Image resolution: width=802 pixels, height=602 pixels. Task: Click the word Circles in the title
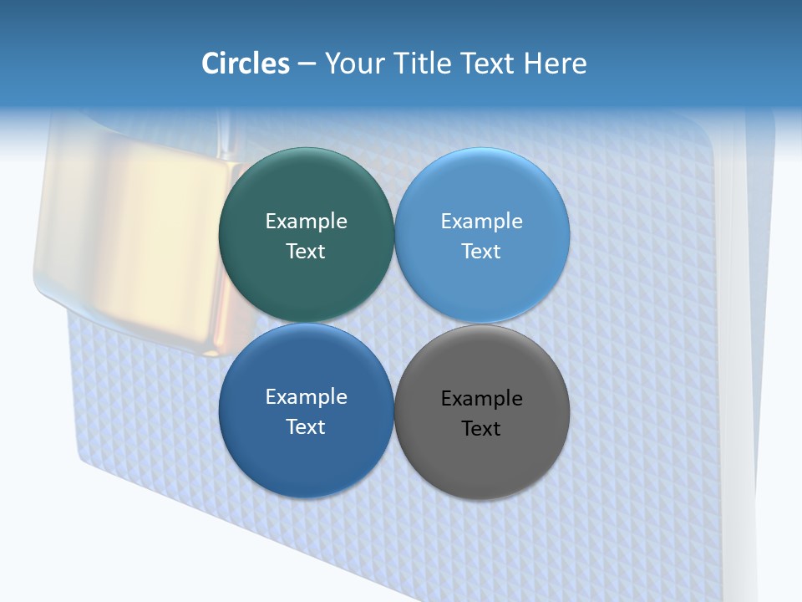245,64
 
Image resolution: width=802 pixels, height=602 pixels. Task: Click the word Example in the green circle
306,221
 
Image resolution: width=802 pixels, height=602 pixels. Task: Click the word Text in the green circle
306,251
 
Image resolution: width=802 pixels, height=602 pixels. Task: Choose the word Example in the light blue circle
482,221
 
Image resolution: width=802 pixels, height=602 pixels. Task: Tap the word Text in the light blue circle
482,251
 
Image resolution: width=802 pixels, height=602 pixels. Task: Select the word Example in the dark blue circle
306,396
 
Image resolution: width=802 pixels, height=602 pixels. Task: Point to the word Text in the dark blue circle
306,426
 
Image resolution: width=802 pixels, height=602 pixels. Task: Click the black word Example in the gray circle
482,398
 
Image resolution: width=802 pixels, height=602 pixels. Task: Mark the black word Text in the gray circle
482,428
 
